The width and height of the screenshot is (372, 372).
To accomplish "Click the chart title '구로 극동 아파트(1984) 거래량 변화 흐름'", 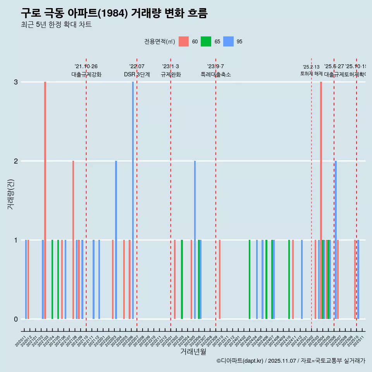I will [x=114, y=14].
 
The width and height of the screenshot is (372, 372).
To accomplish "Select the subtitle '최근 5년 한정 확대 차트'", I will [x=56, y=25].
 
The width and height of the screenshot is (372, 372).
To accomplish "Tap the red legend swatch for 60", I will [x=183, y=41].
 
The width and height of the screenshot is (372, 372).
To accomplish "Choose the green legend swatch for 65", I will [x=206, y=41].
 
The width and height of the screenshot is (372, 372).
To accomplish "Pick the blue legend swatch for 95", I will [x=229, y=41].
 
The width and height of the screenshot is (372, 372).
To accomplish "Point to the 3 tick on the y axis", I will [x=16, y=82].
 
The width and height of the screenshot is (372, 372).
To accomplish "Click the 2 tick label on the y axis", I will [x=16, y=161].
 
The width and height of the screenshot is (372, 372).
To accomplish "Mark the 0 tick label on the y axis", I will [x=16, y=319].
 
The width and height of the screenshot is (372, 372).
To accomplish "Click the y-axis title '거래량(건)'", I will [x=10, y=194].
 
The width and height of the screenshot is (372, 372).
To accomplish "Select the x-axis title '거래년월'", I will [x=193, y=352].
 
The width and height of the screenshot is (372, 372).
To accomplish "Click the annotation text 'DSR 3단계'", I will [x=137, y=74].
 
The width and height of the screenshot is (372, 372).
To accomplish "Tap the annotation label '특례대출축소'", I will [x=215, y=74].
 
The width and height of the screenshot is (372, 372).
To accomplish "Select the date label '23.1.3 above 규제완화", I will [x=170, y=67].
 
